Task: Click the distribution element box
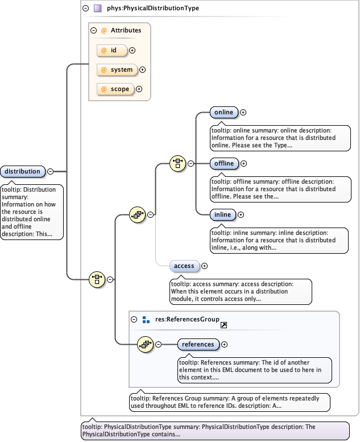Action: (x=23, y=171)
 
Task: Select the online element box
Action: (x=224, y=113)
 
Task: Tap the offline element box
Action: (x=224, y=164)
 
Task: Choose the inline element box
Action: (x=222, y=215)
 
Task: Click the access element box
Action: (x=184, y=266)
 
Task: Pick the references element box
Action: (x=198, y=344)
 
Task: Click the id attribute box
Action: (x=112, y=50)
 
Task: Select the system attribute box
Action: (x=117, y=70)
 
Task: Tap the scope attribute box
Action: (x=115, y=89)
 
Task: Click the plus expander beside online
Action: (x=243, y=113)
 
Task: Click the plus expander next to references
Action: (x=225, y=344)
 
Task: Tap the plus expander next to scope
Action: (x=139, y=89)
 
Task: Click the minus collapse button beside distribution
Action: (x=50, y=171)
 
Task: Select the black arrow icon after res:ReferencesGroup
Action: (x=224, y=325)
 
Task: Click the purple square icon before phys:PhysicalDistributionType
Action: (x=98, y=9)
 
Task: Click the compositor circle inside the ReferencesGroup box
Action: (x=146, y=344)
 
